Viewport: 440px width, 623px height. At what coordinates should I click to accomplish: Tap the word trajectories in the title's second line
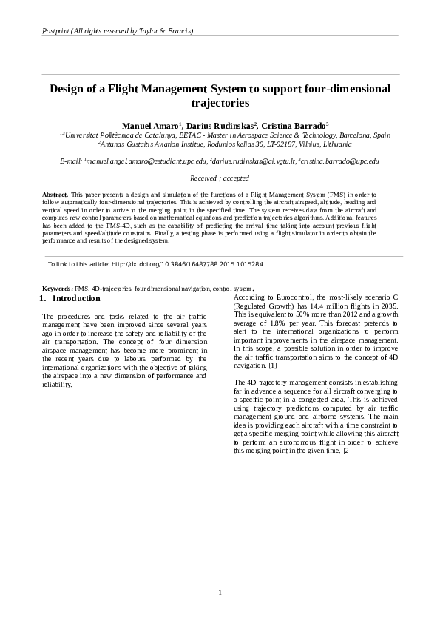point(220,103)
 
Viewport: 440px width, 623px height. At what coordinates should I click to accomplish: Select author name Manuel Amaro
point(149,126)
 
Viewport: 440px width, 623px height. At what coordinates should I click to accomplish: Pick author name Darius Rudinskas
point(220,126)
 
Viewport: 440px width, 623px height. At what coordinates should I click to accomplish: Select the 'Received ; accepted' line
point(220,178)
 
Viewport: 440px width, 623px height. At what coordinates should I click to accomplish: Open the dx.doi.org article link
point(186,263)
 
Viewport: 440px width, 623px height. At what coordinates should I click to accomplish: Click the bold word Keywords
point(57,289)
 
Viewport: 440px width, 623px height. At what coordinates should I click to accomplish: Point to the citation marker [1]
point(273,366)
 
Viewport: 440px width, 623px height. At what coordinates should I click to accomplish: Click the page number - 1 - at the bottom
point(220,592)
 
